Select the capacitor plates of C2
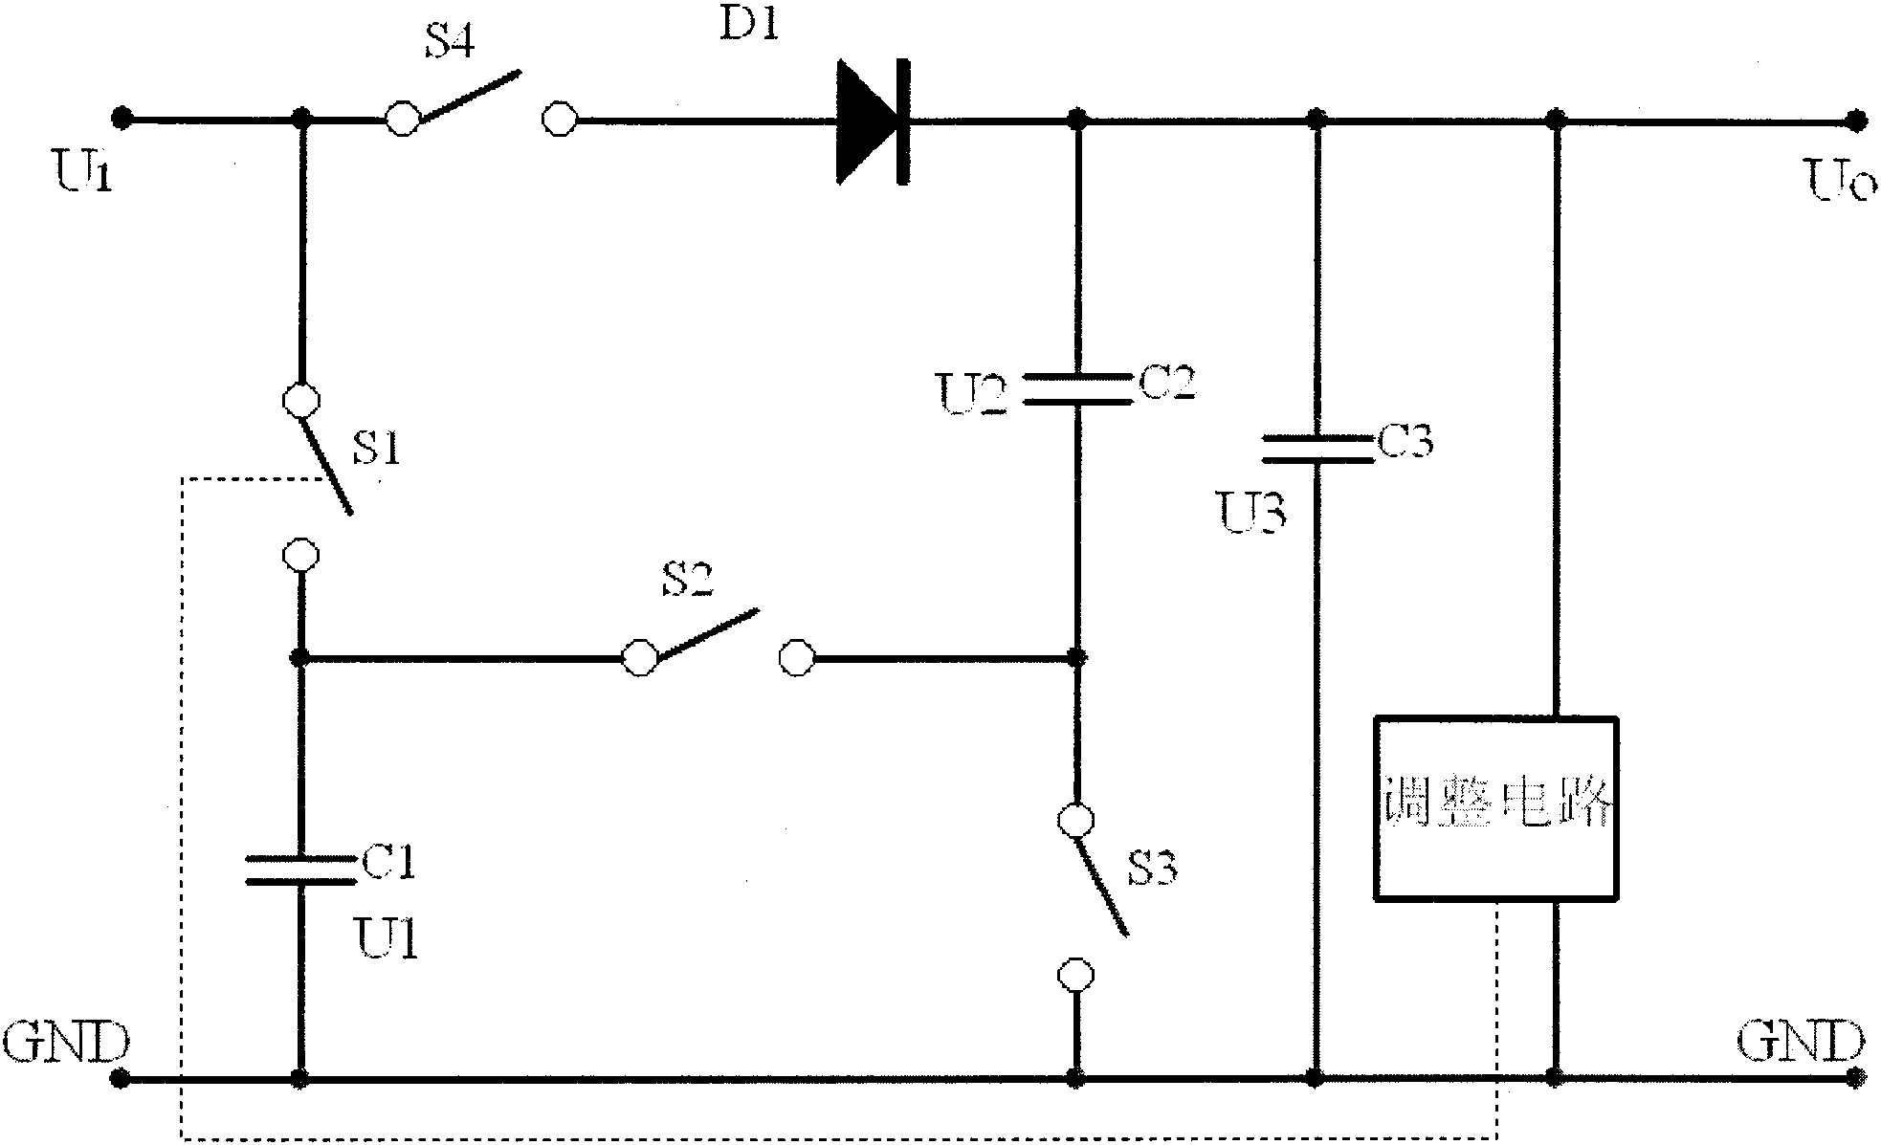coord(1076,388)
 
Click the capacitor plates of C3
coord(1317,450)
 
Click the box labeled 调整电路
coord(1495,808)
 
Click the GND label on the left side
coord(65,1042)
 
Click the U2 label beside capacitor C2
coord(972,394)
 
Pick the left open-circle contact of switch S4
coord(402,120)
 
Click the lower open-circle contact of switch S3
coord(1075,975)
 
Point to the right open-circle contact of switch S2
coord(796,658)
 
